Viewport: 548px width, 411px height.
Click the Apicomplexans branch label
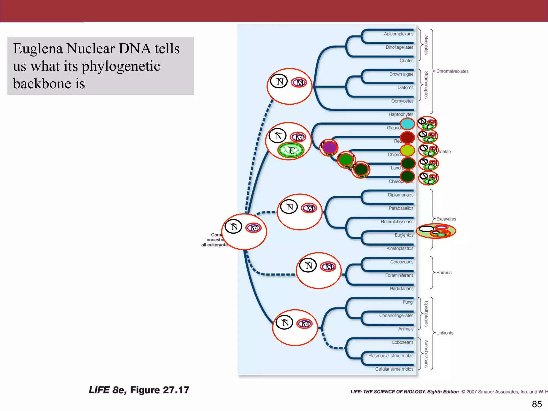click(398, 34)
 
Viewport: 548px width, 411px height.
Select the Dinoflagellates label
click(399, 47)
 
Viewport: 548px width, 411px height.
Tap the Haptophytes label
click(401, 114)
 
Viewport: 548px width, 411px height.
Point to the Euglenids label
click(404, 235)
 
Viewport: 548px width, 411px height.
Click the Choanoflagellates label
click(396, 315)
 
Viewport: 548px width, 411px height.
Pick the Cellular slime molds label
click(394, 369)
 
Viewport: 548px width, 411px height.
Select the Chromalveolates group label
click(452, 71)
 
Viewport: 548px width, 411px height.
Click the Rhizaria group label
click(444, 272)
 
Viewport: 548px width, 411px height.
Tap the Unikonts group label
click(445, 333)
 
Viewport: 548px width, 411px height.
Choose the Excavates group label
click(446, 219)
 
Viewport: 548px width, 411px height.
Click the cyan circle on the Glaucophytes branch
click(407, 124)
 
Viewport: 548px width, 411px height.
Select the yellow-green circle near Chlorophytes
click(408, 150)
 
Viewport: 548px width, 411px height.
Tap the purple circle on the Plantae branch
click(329, 147)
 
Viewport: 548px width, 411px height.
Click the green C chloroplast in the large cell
click(291, 150)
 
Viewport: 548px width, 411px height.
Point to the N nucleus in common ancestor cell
click(234, 227)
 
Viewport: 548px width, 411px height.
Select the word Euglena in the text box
click(38, 49)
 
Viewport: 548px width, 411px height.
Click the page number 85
click(536, 404)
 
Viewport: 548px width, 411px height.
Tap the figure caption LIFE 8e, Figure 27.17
click(139, 390)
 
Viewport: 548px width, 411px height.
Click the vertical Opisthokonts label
click(426, 314)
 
